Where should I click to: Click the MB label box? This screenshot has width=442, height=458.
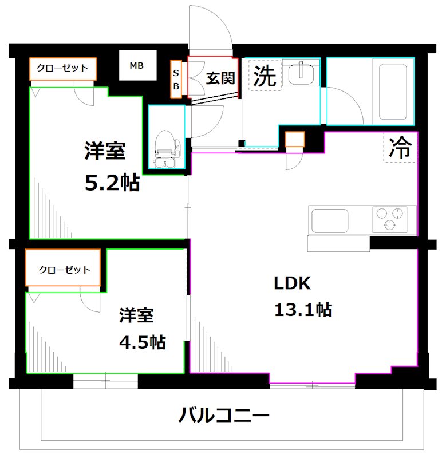tap(136, 66)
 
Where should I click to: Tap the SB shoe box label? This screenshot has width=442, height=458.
tap(176, 80)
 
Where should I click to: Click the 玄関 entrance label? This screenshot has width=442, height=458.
tap(220, 78)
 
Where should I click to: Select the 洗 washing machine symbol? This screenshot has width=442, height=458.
tap(265, 76)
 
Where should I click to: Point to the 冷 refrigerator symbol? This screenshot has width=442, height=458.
tap(400, 148)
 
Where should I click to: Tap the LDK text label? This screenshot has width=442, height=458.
tap(292, 283)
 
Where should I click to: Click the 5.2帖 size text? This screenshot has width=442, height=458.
tap(112, 183)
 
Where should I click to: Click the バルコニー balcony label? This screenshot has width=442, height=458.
tap(223, 414)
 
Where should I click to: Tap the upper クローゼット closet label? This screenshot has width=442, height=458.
tap(62, 69)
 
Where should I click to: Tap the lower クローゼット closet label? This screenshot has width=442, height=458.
tap(64, 270)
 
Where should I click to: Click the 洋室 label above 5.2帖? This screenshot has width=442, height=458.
tap(105, 152)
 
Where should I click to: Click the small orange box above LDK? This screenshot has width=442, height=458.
tap(295, 139)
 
